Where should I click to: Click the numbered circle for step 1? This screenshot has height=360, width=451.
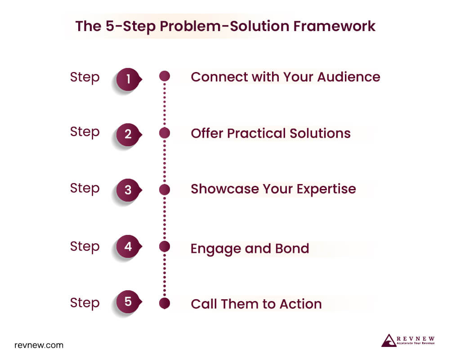point(128,79)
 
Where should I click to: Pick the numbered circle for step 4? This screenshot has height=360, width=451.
point(128,247)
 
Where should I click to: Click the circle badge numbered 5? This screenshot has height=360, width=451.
point(128,301)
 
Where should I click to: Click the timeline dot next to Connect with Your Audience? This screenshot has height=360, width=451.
point(165,76)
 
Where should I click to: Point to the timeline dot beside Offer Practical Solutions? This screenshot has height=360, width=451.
point(165,133)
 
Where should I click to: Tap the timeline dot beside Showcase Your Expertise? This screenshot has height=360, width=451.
point(165,189)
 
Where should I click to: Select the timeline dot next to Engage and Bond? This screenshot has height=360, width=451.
point(165,246)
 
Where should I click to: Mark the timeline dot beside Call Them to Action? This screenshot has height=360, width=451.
point(165,304)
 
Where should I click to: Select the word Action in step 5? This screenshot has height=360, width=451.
point(301,304)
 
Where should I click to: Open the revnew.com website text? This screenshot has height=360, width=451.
point(39,346)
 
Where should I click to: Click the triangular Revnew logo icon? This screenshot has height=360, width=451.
point(388,341)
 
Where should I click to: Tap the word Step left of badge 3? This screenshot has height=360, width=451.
point(85,189)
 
